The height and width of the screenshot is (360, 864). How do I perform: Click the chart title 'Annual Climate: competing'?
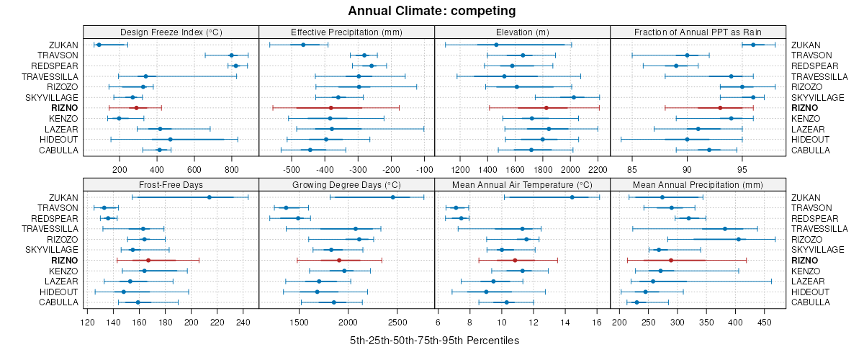[x=431, y=11]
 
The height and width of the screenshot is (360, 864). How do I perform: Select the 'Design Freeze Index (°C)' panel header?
[x=171, y=32]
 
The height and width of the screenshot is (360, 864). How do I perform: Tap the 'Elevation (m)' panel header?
[x=522, y=32]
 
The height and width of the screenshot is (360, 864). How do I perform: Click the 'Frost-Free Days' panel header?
[x=171, y=184]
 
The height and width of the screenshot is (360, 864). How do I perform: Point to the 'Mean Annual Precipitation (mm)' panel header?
[x=698, y=184]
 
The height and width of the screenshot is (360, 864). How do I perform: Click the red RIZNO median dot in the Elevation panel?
[x=546, y=108]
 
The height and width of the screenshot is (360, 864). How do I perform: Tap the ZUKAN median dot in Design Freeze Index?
[x=99, y=45]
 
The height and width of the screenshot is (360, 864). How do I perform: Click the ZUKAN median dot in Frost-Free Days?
[x=210, y=197]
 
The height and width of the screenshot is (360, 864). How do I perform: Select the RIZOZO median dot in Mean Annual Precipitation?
[x=738, y=239]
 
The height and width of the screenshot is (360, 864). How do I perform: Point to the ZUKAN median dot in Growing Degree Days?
[x=392, y=197]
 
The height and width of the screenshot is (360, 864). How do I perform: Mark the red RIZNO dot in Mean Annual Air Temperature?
[x=515, y=260]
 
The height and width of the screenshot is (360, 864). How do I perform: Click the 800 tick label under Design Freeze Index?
[x=231, y=169]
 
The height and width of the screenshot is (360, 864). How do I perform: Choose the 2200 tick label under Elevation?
[x=598, y=169]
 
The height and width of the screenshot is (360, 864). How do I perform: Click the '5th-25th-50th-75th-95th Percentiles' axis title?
[x=434, y=340]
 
